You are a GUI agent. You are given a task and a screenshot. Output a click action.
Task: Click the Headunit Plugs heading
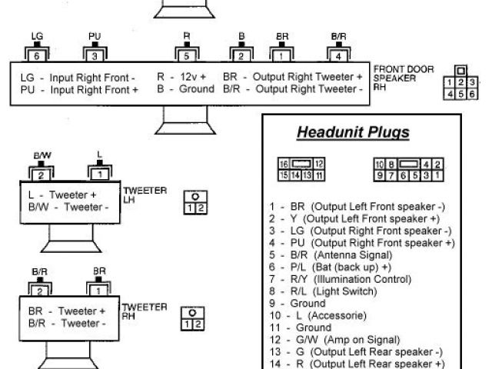[353, 132]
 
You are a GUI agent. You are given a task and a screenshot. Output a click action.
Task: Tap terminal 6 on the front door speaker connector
[36, 55]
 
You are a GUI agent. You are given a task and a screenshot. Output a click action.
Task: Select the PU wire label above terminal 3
[95, 36]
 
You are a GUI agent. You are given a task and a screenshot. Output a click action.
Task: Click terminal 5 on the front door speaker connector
[186, 55]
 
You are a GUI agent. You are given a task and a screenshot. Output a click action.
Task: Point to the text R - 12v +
[181, 78]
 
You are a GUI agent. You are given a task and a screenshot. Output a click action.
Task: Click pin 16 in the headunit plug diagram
[283, 165]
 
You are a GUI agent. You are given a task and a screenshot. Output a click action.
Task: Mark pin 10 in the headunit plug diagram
[379, 165]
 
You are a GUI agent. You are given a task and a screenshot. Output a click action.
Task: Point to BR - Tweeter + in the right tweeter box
[67, 311]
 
